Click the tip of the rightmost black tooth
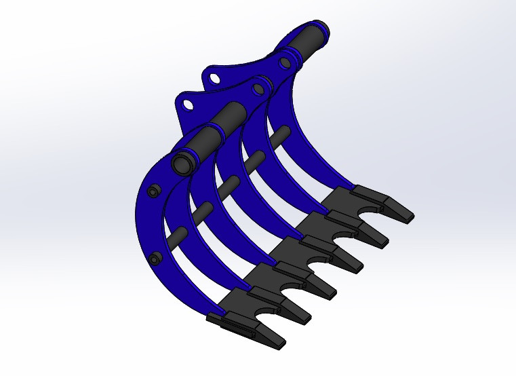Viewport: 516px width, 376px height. tap(408, 216)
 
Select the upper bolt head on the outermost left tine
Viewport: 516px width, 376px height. tap(155, 191)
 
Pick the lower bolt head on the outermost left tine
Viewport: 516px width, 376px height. tap(157, 258)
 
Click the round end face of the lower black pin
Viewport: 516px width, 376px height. tap(182, 163)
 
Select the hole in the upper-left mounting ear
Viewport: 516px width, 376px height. tap(214, 77)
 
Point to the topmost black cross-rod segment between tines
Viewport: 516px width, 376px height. tap(277, 135)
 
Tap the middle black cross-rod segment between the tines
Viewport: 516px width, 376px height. tap(227, 184)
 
